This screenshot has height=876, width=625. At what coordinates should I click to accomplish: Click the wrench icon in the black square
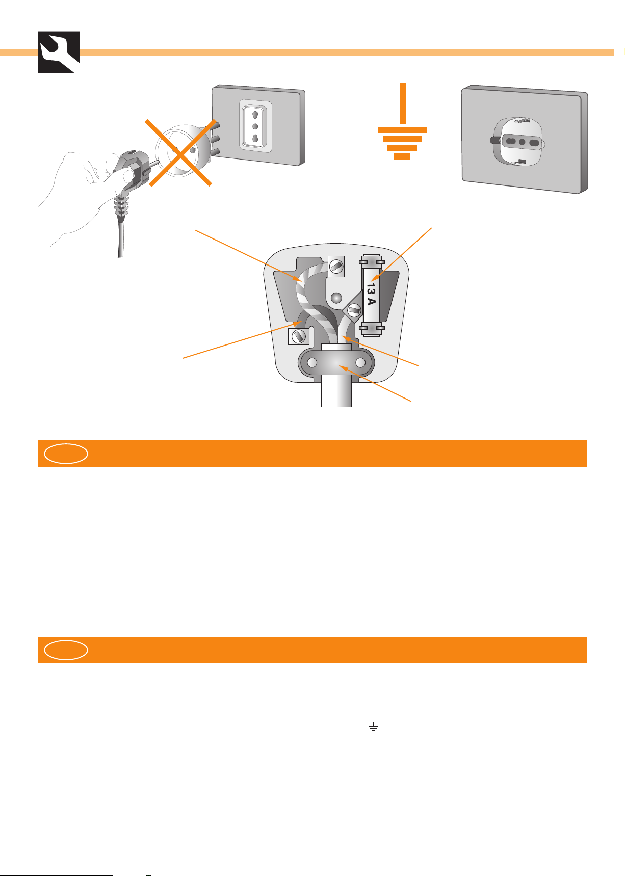coord(59,52)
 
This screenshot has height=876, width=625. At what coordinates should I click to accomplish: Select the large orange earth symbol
coord(402,121)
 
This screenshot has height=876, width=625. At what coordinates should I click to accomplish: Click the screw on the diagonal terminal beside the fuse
coord(354,310)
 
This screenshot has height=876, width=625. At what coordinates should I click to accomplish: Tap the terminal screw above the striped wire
coord(336,264)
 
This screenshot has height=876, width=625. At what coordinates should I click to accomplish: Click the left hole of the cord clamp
coord(312,363)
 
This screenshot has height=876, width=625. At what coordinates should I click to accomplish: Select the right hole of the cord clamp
coord(361,363)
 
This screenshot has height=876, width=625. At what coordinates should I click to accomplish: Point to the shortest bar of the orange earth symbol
coord(402,156)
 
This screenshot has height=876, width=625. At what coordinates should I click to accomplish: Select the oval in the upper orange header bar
coord(66,454)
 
